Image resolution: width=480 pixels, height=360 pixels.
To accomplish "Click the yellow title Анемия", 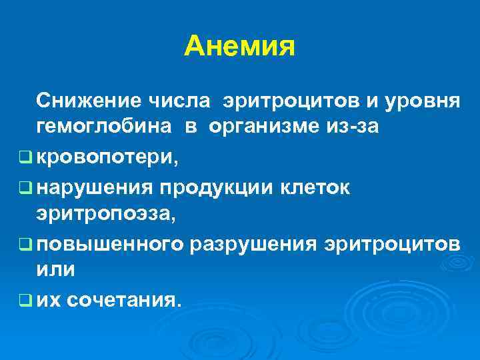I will point(239,46).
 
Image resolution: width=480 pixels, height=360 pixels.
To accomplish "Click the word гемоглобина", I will point(102,128).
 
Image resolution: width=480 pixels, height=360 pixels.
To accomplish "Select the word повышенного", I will point(110,245).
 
